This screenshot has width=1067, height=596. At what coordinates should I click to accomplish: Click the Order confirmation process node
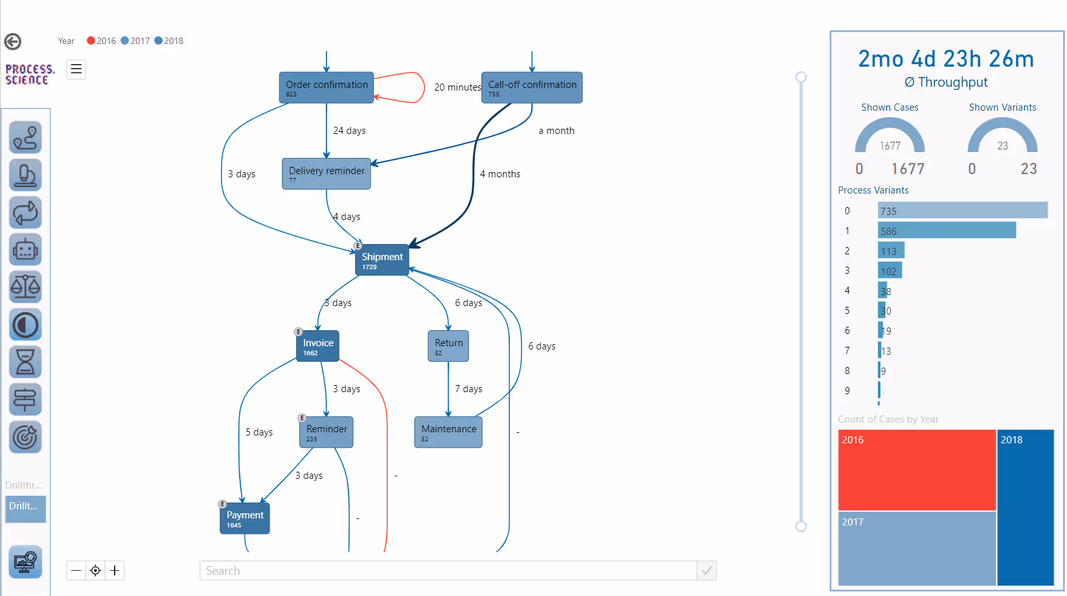pos(327,87)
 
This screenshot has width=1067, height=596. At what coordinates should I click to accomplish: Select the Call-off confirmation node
pos(532,87)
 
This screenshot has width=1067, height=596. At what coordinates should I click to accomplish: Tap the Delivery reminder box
pos(327,173)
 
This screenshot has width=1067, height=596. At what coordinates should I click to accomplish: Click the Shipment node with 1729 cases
pos(382,259)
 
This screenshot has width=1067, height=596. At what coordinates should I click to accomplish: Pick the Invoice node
pos(317,346)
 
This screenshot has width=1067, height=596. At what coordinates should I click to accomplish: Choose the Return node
pos(448,346)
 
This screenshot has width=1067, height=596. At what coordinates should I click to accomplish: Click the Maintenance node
pos(448,432)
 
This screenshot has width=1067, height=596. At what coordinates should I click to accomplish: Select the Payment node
pos(245,518)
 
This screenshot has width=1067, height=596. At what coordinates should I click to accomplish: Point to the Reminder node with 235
pos(327,432)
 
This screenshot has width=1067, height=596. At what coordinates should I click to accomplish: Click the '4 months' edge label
pos(500,174)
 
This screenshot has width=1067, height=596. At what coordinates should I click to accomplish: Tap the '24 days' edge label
pos(349,131)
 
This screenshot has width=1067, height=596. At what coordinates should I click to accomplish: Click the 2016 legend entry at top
pos(101,41)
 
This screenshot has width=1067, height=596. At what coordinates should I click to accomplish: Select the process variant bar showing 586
pos(947,230)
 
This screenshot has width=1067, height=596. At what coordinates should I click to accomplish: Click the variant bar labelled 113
pos(891,250)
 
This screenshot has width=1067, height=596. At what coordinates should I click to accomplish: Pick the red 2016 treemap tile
pos(917,470)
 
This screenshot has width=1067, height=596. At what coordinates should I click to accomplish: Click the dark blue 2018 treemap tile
pos(1026,507)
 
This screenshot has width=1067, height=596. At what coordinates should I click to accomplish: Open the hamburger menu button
pos(76,69)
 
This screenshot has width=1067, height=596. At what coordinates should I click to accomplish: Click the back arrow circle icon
pos(13,41)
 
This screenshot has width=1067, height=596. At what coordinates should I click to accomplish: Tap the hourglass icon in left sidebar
pos(25,362)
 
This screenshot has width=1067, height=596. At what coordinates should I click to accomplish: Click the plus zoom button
pos(115,570)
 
